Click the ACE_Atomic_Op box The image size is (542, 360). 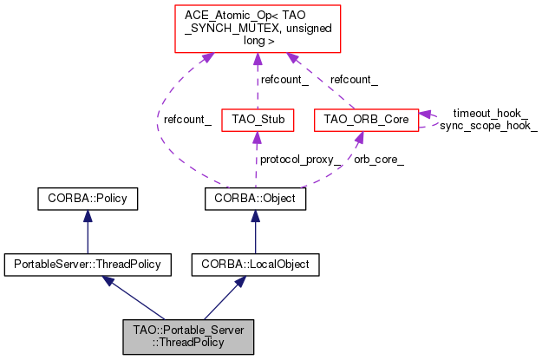(258, 29)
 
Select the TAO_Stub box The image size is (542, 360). (258, 120)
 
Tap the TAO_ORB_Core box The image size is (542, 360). (367, 120)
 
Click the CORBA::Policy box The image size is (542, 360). (88, 199)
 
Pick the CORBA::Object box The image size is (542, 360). (255, 199)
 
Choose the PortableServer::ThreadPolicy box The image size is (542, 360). (88, 265)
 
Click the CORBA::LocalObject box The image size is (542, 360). (256, 265)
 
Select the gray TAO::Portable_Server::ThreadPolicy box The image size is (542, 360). (188, 337)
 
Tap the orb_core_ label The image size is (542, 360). (379, 160)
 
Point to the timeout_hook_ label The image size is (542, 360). (491, 113)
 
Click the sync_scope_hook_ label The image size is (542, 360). (488, 125)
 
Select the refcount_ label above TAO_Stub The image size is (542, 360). (284, 80)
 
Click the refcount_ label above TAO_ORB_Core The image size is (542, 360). (354, 80)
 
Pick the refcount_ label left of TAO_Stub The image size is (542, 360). (187, 120)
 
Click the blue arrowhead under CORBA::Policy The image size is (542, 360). (88, 216)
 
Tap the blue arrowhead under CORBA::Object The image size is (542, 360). (256, 216)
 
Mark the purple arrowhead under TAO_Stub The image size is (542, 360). (257, 138)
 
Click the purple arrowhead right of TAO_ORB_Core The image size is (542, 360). (425, 115)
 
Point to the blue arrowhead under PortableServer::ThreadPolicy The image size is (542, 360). (108, 281)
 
